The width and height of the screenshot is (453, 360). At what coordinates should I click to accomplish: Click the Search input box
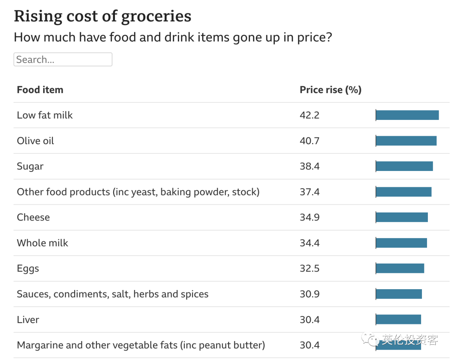coord(63,60)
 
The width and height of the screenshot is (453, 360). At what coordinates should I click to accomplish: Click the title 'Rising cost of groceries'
coord(102,16)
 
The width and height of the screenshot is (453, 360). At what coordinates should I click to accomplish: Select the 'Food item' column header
coord(40,90)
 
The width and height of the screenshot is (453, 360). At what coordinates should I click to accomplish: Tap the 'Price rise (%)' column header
coord(331,90)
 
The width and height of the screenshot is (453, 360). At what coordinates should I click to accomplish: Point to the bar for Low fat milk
coord(407,115)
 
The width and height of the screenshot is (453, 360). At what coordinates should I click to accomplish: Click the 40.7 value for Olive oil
coord(310,141)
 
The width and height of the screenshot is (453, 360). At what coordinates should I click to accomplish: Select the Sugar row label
coord(30,166)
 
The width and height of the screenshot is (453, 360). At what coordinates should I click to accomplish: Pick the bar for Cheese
coord(402,217)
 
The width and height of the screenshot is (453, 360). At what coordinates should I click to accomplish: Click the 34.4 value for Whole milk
coord(310,243)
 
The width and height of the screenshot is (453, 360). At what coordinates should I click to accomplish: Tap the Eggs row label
coord(28,269)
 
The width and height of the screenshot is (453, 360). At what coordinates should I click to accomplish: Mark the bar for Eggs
coord(400,268)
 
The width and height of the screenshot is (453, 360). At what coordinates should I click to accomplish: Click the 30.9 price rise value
coord(310,294)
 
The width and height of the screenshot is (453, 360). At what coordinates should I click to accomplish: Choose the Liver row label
coord(28,320)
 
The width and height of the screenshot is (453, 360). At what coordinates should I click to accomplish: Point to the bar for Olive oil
coord(406,141)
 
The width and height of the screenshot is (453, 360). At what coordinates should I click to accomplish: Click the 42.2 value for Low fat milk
coord(310,115)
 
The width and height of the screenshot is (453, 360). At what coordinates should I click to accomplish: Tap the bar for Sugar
coord(404,166)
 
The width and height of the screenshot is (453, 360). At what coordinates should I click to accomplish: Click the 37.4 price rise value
coord(310,192)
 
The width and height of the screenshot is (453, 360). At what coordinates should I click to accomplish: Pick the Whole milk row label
coord(42,243)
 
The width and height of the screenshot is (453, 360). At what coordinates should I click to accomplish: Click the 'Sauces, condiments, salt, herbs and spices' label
coord(112,294)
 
